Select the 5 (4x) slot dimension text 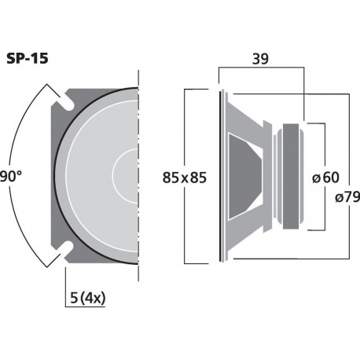pos(88,298)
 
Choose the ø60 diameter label pos(324,178)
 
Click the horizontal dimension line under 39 pos(259,69)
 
